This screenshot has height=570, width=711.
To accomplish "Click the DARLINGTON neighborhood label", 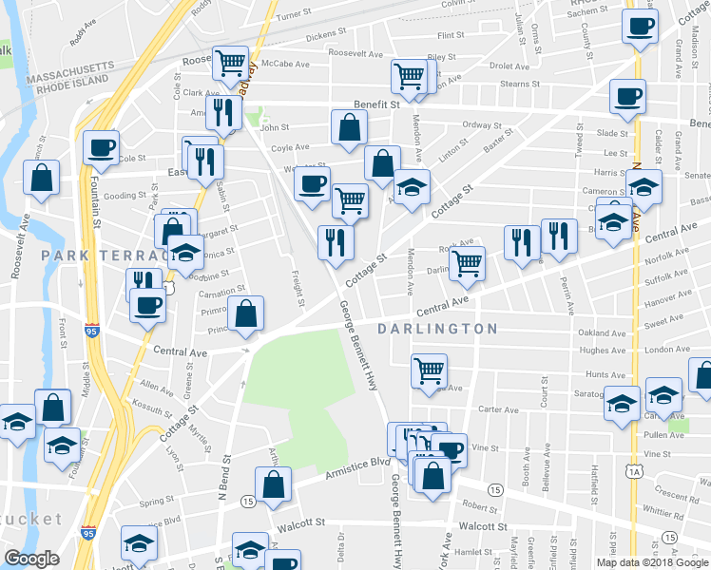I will tap(443, 329).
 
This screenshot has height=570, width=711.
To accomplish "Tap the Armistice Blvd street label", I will tap(358, 462).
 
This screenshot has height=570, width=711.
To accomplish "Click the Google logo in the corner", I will tap(31, 559).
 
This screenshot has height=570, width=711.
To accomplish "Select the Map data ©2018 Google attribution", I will tap(652, 561).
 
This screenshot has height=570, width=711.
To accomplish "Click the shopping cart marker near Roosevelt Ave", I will tap(230, 64).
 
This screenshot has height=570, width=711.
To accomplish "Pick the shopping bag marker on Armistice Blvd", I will tap(274, 483).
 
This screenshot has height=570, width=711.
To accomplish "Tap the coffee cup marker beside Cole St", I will tap(100, 146).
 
